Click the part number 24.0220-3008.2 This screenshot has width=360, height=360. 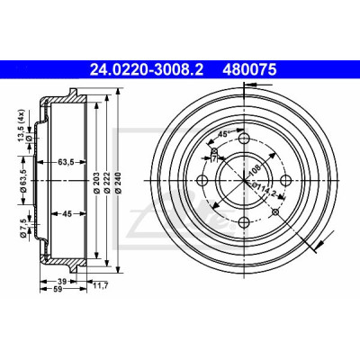(x=147, y=70)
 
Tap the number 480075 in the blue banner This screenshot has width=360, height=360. (x=249, y=70)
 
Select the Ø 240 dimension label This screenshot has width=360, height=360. (x=118, y=183)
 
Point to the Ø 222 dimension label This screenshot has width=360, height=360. (x=106, y=183)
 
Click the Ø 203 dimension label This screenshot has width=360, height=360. (x=96, y=183)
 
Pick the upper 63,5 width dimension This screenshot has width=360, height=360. (x=66, y=163)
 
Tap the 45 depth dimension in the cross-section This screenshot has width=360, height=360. (x=67, y=214)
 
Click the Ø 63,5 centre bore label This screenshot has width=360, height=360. (x=24, y=181)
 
